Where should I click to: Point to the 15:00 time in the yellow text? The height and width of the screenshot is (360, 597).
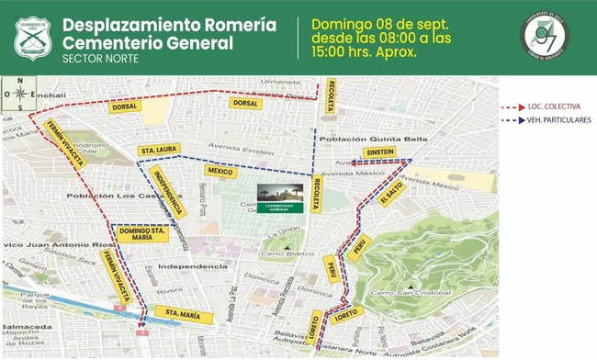pos(333,51)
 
